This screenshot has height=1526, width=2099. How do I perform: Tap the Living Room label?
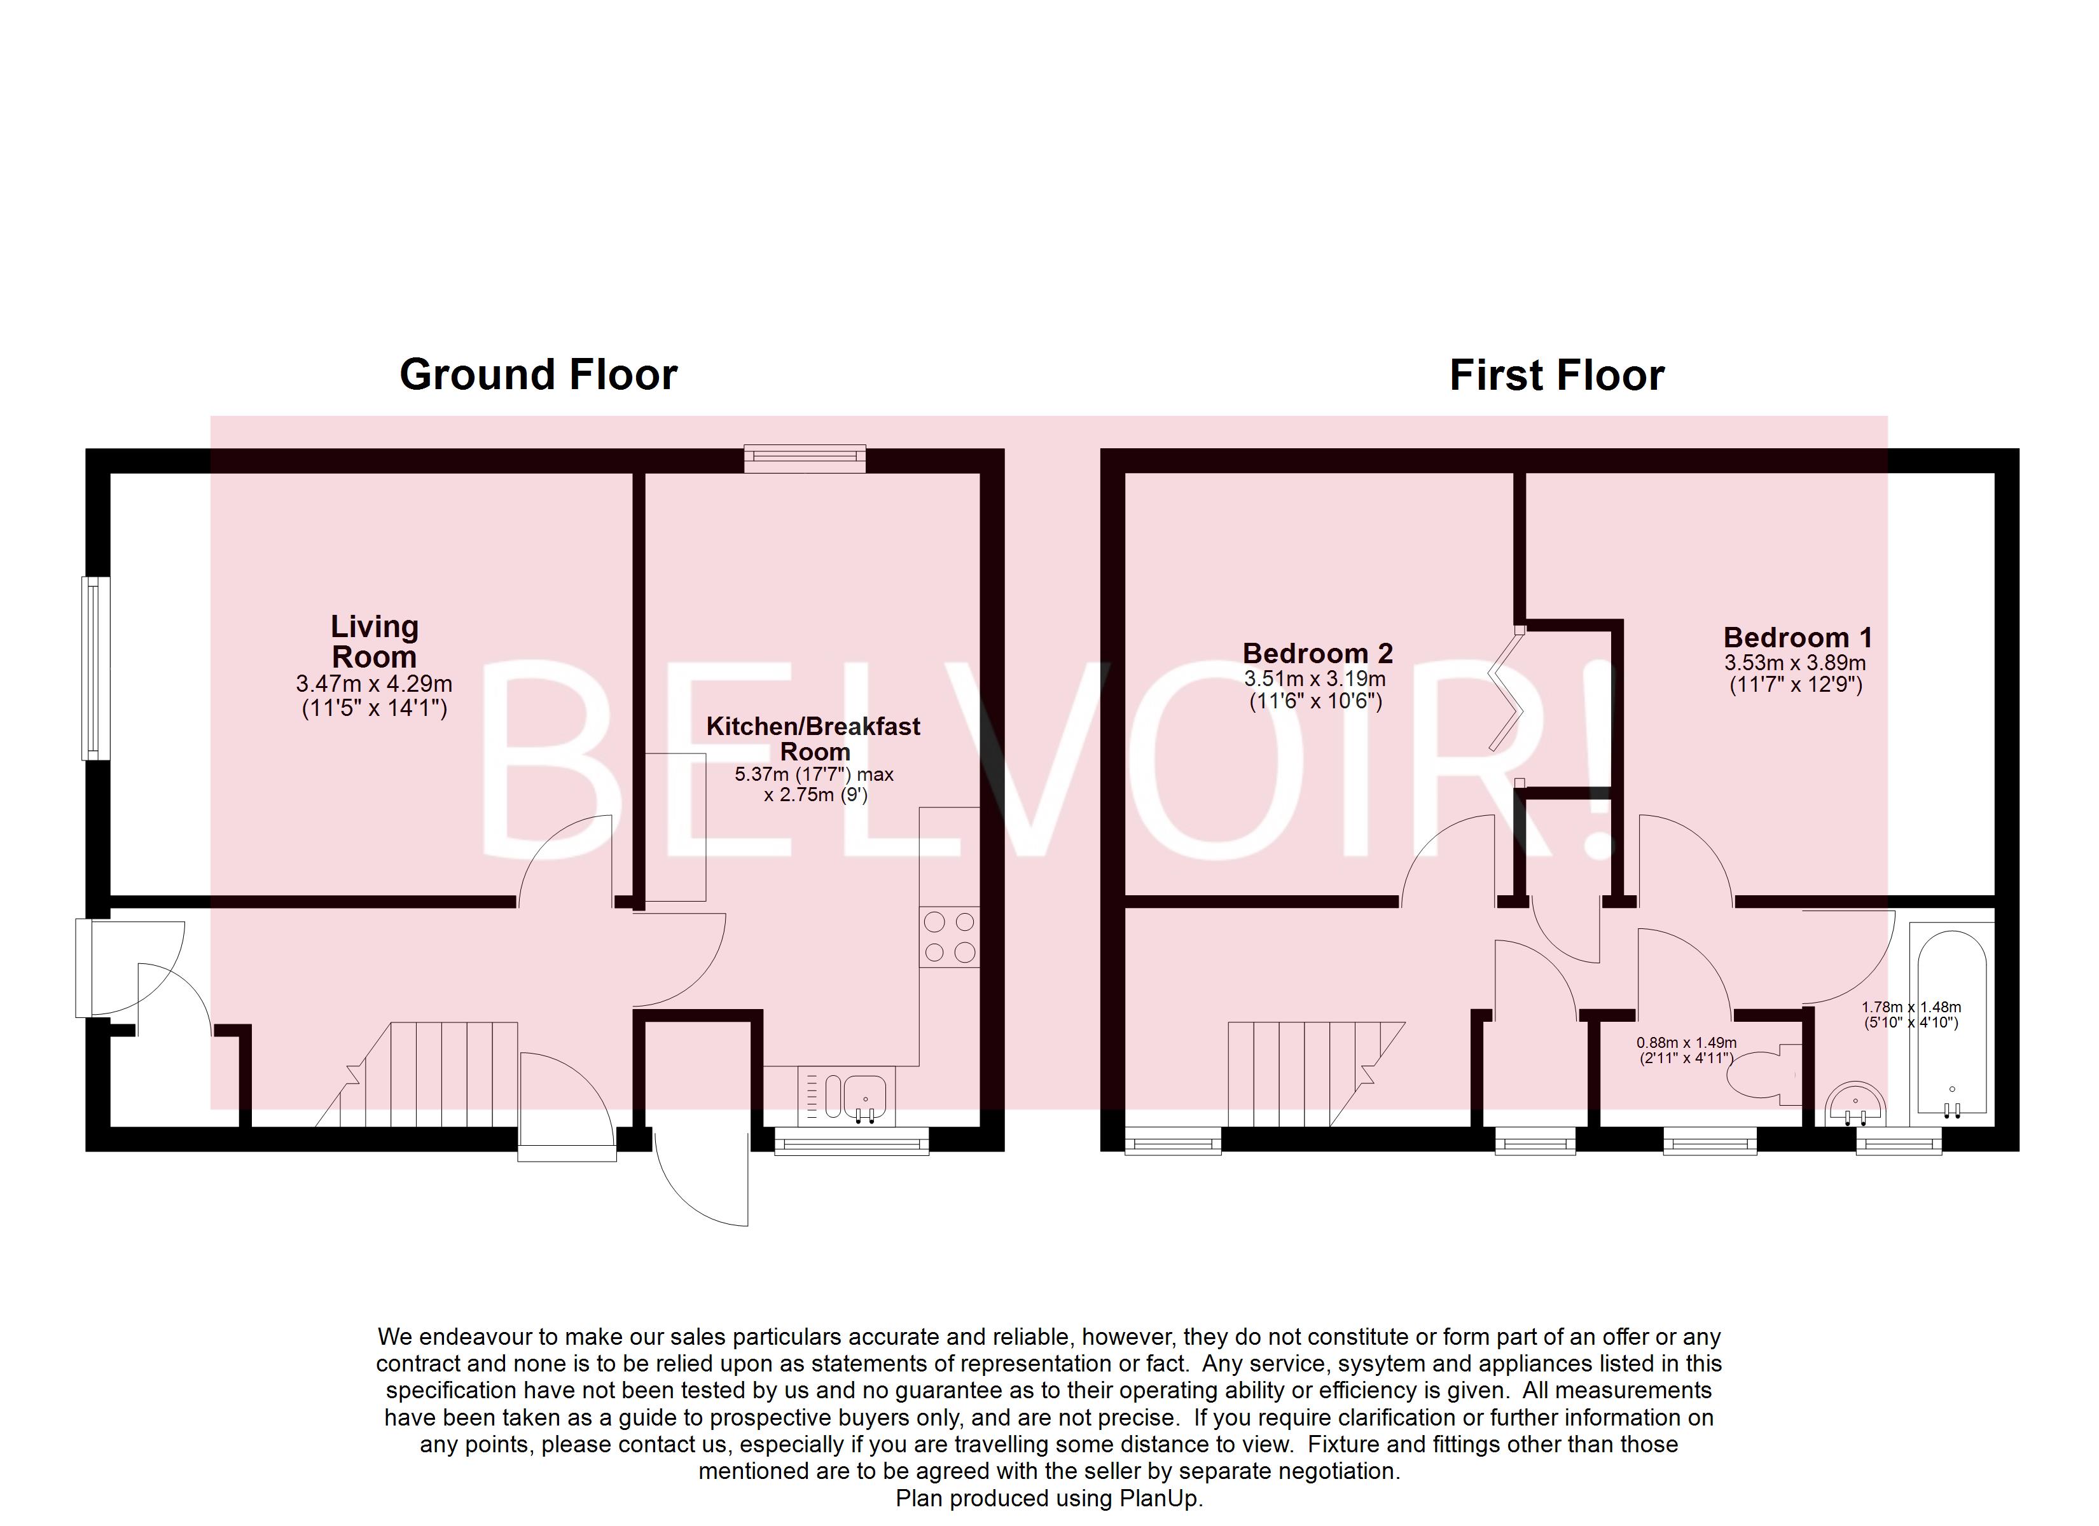pyautogui.click(x=375, y=642)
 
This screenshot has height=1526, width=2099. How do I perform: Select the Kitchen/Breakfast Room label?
pyautogui.click(x=814, y=738)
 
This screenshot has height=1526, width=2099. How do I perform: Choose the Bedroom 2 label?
pyautogui.click(x=1317, y=654)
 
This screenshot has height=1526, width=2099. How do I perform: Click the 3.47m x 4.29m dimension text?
pyautogui.click(x=374, y=685)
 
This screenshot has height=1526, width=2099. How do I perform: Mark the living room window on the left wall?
pyautogui.click(x=95, y=668)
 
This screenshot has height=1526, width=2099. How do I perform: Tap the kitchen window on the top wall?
pyautogui.click(x=805, y=459)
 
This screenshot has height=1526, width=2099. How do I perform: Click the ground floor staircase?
pyautogui.click(x=417, y=1075)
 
